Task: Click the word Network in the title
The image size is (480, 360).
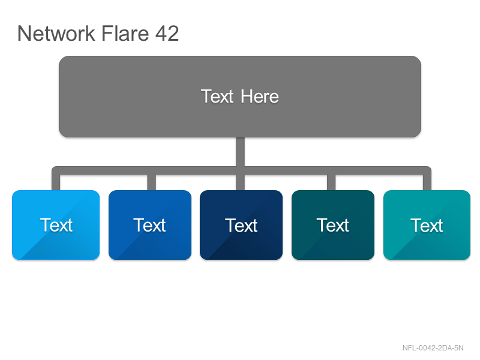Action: tap(56, 33)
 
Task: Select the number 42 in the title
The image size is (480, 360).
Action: tap(167, 33)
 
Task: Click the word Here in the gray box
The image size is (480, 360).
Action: tap(260, 97)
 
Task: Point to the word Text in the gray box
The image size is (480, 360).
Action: tap(217, 97)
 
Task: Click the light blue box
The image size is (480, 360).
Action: tap(56, 225)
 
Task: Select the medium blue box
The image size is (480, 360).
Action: tap(150, 225)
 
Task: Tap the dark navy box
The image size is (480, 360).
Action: tap(241, 225)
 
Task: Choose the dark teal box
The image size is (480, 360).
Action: tap(333, 225)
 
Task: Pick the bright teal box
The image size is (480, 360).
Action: tap(427, 225)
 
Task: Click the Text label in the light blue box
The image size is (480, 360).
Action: tap(56, 225)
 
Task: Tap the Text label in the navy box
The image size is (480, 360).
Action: tap(241, 226)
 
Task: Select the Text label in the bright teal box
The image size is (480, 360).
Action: tap(427, 226)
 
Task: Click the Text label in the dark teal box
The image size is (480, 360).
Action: tap(333, 226)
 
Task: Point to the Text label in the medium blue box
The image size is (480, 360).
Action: tap(149, 226)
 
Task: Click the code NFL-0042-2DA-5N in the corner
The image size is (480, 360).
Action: tap(433, 348)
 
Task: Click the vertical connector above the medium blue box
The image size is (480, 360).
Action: tap(152, 182)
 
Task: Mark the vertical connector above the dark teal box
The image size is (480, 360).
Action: tap(331, 182)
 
